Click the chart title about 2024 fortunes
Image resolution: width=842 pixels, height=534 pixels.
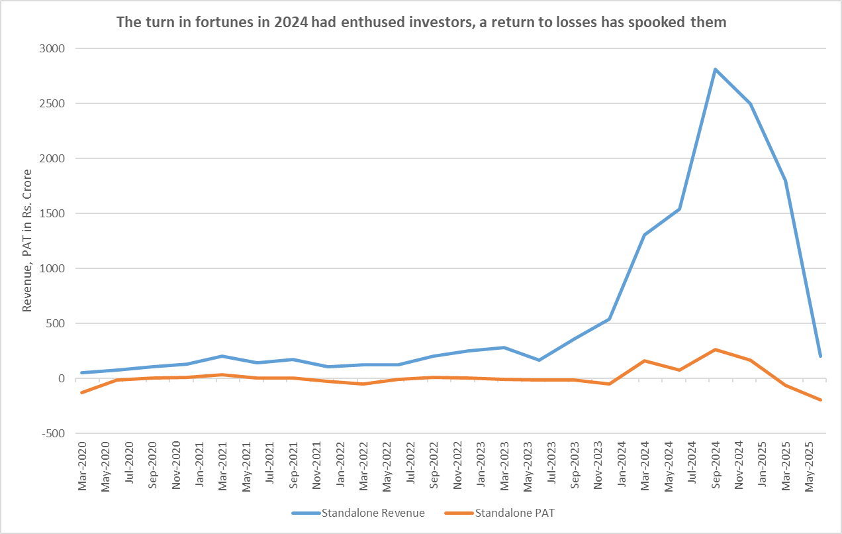(x=421, y=22)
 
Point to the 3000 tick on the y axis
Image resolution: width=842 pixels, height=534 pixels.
(x=52, y=48)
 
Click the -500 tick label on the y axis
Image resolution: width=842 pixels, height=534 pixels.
(x=52, y=433)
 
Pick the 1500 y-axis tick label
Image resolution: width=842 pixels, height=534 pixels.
(x=52, y=213)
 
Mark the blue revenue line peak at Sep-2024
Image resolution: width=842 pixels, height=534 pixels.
(x=715, y=69)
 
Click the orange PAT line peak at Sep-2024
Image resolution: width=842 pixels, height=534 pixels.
(x=715, y=349)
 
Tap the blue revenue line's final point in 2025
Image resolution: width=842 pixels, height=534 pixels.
(x=821, y=356)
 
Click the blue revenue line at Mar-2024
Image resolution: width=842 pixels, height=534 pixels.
(x=644, y=235)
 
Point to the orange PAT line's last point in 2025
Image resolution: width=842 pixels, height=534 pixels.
(x=821, y=400)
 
